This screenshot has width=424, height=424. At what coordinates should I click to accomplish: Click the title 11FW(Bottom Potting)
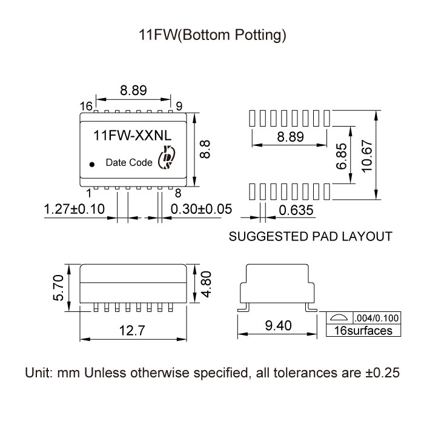click(x=211, y=36)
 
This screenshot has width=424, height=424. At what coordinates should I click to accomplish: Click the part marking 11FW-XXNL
click(x=133, y=137)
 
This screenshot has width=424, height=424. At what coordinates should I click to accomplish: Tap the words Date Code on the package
click(x=129, y=162)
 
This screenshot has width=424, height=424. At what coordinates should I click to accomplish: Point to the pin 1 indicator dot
click(x=92, y=164)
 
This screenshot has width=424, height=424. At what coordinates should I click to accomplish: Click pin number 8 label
click(x=178, y=194)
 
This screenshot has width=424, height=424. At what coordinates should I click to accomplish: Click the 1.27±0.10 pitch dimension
click(x=75, y=209)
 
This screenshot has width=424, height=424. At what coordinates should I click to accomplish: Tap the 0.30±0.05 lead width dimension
click(x=202, y=209)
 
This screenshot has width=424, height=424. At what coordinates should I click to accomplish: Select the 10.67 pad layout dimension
click(x=365, y=156)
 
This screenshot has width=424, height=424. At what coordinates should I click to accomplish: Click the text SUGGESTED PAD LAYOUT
click(x=310, y=236)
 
